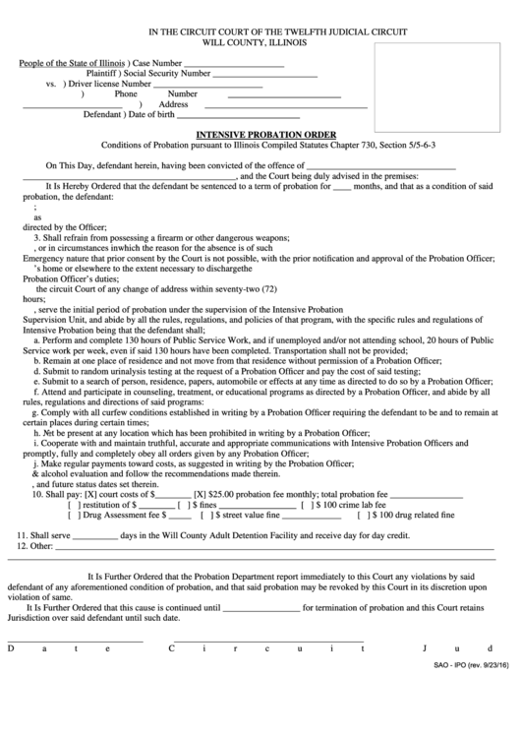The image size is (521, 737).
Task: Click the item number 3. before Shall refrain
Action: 37,237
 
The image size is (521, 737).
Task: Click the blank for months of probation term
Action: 341,185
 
